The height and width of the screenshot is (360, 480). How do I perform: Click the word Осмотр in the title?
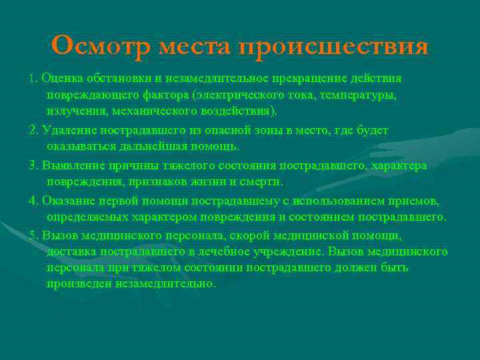coord(102,46)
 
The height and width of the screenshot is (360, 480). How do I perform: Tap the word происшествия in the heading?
coord(334,47)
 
